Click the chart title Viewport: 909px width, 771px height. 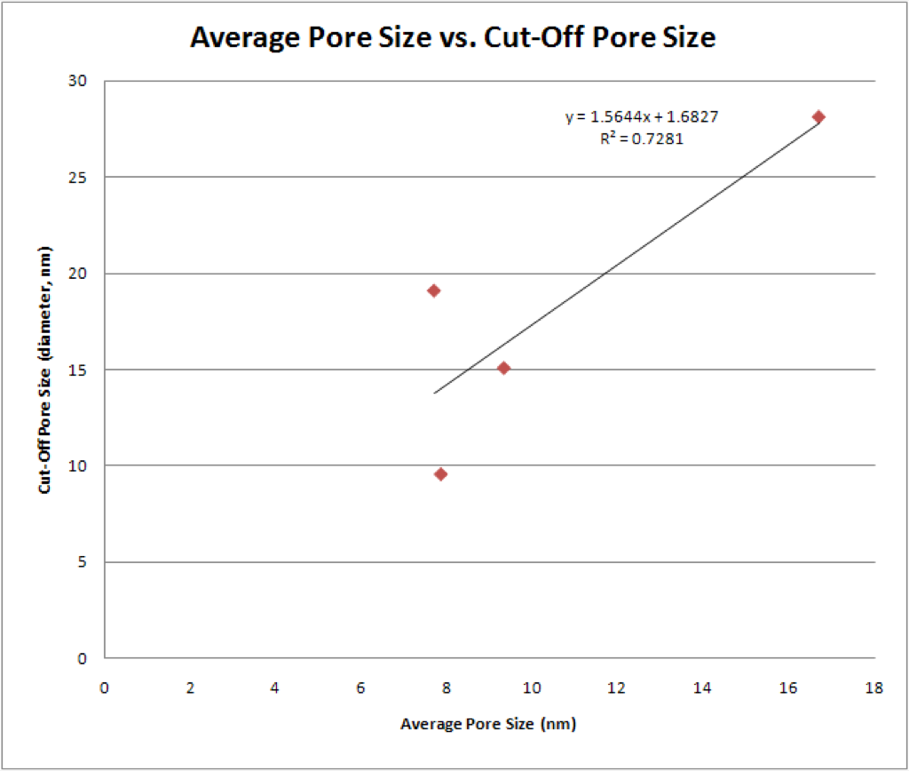[x=453, y=37]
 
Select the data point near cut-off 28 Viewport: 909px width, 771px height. [x=818, y=117]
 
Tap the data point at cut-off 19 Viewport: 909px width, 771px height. [x=433, y=290]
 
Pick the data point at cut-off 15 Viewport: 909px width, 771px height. [x=504, y=368]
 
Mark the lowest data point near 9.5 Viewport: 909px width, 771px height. [x=440, y=474]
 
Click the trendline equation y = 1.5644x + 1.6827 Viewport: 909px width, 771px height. [x=642, y=117]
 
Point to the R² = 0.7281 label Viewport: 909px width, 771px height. [x=642, y=139]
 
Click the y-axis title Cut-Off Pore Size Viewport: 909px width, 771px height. [x=44, y=370]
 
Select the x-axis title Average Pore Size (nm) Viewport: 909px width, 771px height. [x=488, y=724]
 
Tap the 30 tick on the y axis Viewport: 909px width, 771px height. [x=77, y=81]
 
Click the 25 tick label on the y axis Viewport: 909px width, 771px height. [x=77, y=178]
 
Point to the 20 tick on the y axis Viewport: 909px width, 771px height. [x=77, y=274]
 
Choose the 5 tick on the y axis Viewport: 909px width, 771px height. [x=82, y=561]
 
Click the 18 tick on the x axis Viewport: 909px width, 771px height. [x=874, y=688]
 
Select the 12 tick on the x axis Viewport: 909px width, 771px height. [x=616, y=688]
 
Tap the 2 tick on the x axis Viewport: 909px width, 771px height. [x=190, y=688]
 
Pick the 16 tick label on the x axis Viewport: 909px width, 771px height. [x=788, y=688]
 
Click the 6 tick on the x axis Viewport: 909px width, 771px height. [x=360, y=688]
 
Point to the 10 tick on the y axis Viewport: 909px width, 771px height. [x=77, y=465]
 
